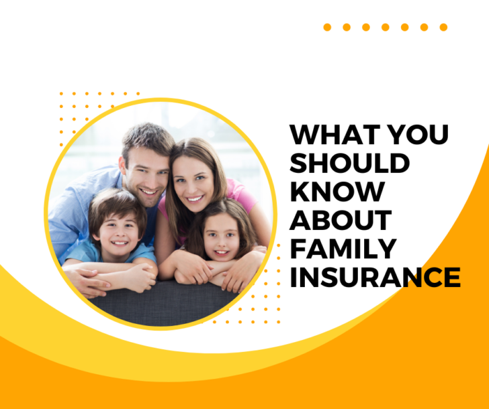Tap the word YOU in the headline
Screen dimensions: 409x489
[x=419, y=135]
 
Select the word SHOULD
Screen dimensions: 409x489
[x=349, y=163]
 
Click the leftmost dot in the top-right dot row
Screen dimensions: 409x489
[x=327, y=27]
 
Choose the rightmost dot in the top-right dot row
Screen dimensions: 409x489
[x=443, y=27]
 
